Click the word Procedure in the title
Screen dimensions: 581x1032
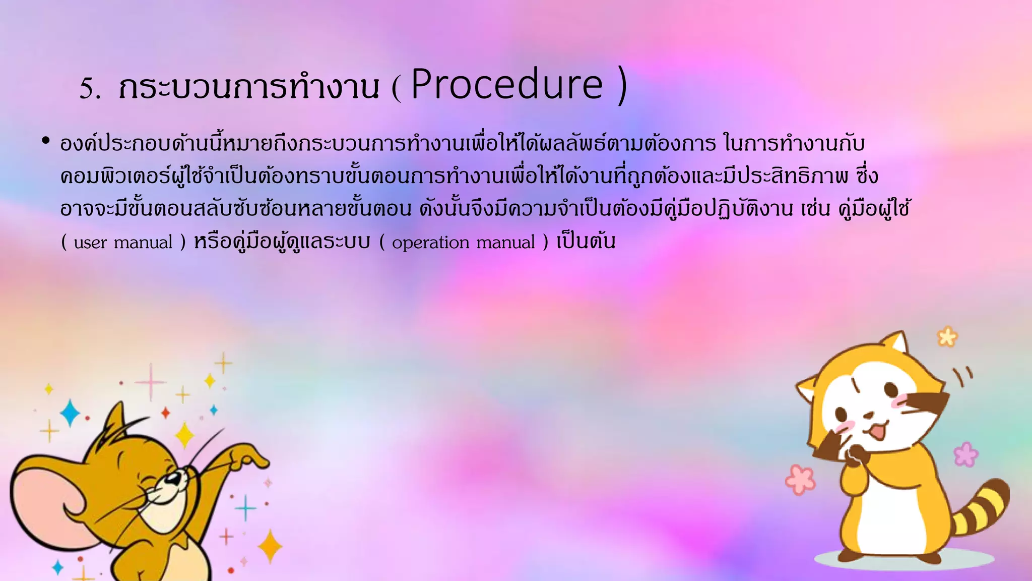pyautogui.click(x=506, y=85)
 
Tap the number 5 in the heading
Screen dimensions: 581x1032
pyautogui.click(x=88, y=89)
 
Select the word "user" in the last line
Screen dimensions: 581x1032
pyautogui.click(x=90, y=243)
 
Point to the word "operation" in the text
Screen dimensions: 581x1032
pyautogui.click(x=430, y=243)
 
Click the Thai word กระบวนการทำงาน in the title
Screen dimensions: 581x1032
pyautogui.click(x=248, y=87)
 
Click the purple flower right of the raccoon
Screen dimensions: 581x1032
pyautogui.click(x=965, y=454)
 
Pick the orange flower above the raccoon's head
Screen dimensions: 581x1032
pyautogui.click(x=947, y=336)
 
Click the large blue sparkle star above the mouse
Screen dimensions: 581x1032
pyautogui.click(x=70, y=413)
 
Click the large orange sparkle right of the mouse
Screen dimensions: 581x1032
pyautogui.click(x=270, y=546)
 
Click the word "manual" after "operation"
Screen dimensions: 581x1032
pyautogui.click(x=505, y=243)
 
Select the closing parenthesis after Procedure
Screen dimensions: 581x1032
pyautogui.click(x=622, y=86)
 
